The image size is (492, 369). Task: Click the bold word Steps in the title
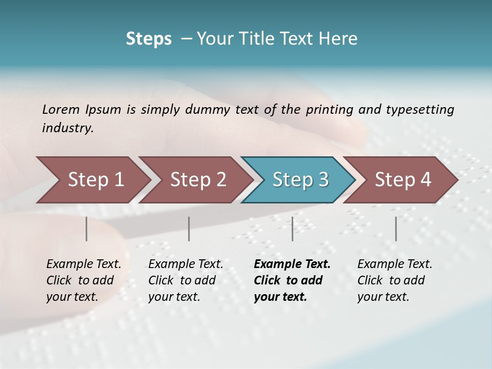[149, 39]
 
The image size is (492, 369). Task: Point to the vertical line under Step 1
[87, 229]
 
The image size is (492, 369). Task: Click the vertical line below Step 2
[189, 229]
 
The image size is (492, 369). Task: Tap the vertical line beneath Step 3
[292, 229]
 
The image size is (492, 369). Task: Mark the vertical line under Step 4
[396, 229]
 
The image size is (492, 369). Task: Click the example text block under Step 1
[84, 280]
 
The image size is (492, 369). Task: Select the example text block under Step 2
[186, 280]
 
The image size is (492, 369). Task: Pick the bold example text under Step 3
[292, 280]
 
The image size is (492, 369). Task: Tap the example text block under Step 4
[395, 280]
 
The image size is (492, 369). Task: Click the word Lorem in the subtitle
[61, 109]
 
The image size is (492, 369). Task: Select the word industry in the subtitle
[68, 128]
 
